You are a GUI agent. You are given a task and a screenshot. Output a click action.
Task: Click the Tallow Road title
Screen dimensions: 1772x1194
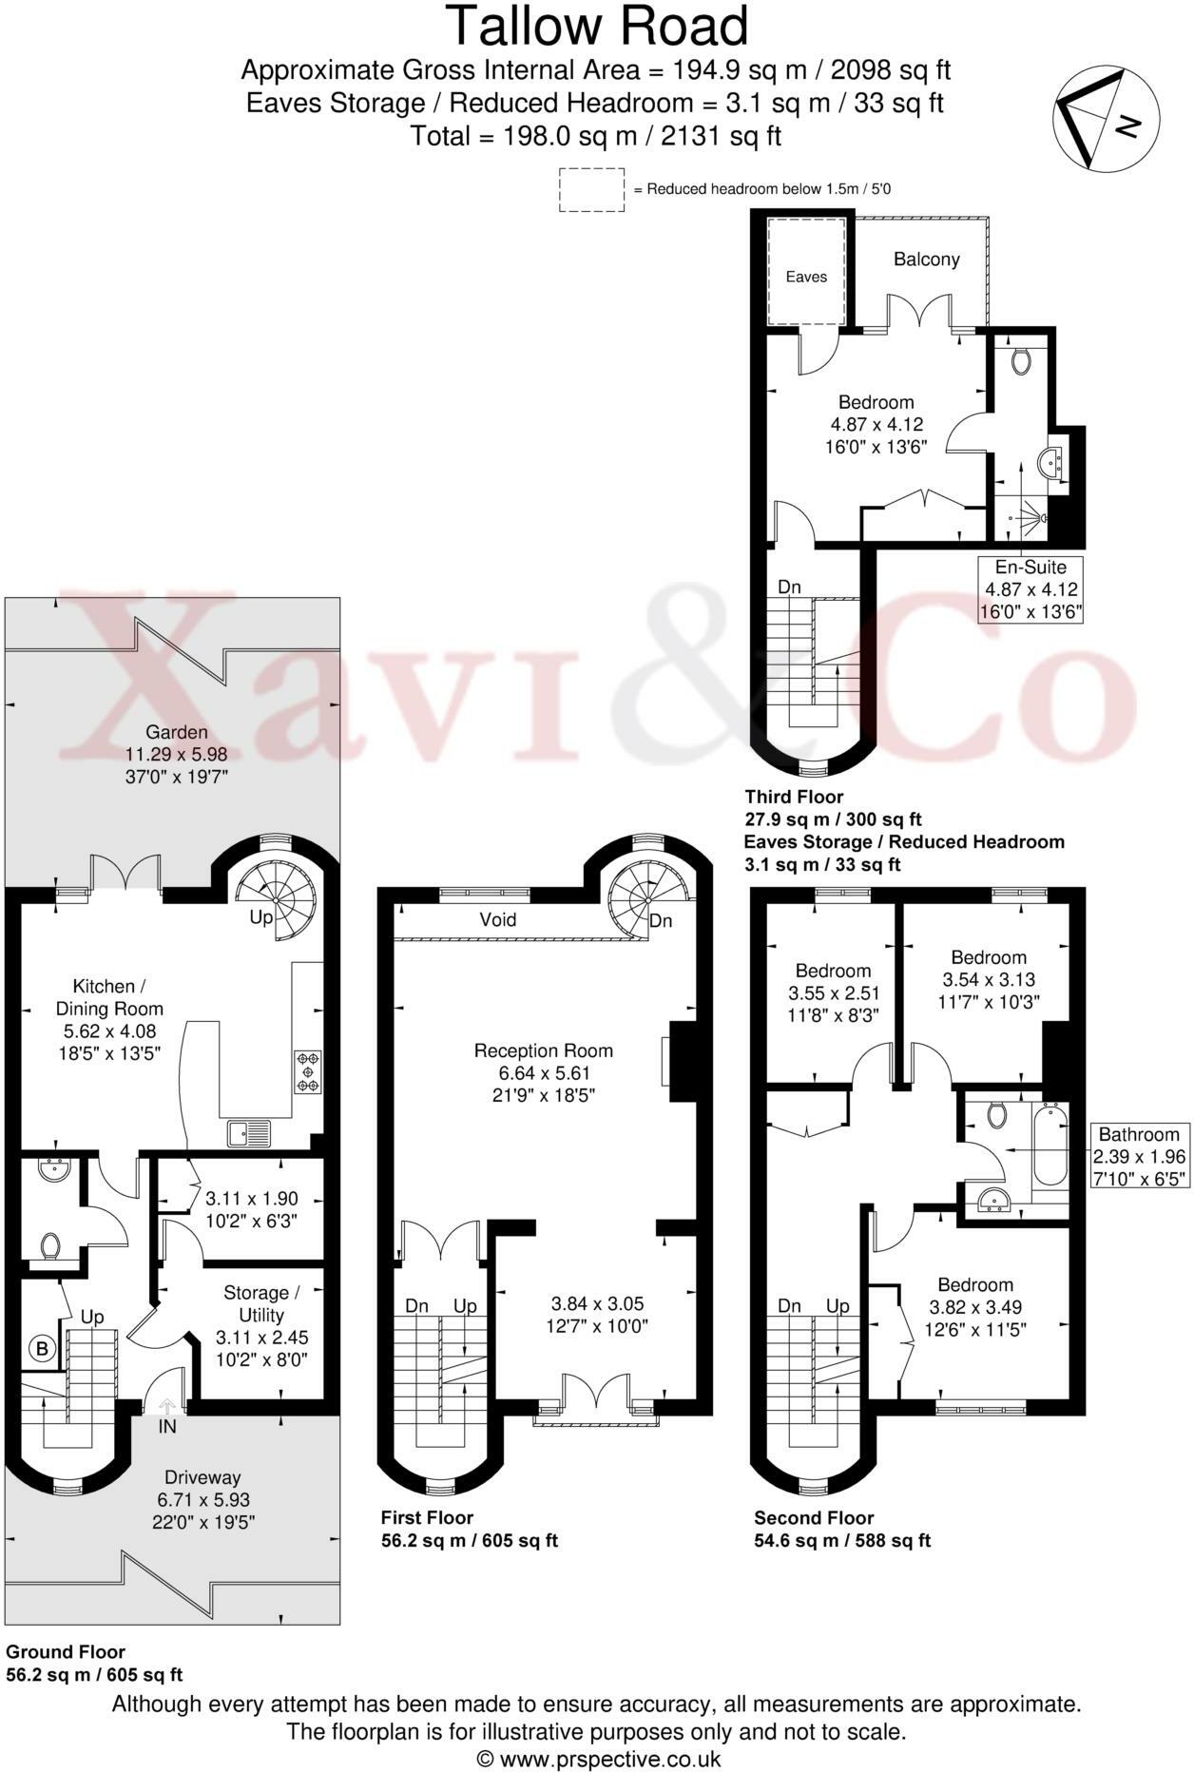click(597, 27)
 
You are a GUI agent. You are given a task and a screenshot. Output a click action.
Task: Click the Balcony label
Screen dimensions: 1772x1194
click(926, 260)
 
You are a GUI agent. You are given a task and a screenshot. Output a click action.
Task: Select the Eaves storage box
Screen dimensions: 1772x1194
click(806, 272)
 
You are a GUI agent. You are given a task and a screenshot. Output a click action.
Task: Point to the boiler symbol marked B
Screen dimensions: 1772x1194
click(42, 1348)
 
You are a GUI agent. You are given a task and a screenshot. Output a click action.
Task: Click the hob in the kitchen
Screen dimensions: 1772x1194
click(308, 1071)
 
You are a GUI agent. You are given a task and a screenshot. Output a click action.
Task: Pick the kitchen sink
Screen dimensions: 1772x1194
click(249, 1133)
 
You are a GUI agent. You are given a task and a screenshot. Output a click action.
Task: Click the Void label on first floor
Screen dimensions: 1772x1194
click(497, 919)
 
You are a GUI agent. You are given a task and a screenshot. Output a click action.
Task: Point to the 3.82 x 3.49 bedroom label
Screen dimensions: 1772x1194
click(975, 1306)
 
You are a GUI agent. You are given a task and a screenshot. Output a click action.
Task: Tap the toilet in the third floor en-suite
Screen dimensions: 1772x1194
click(1022, 361)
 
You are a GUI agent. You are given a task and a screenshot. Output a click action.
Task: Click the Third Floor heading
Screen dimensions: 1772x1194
click(793, 797)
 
